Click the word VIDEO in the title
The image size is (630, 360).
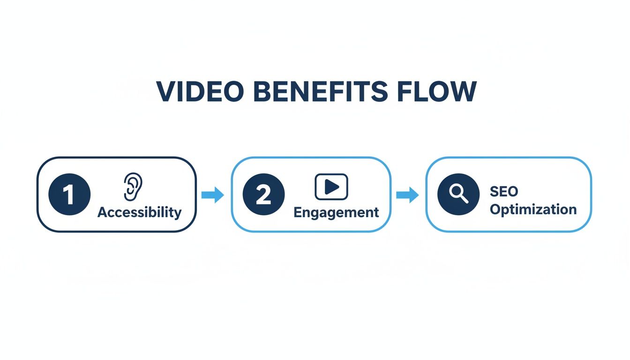200,91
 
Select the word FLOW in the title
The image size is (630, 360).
437,91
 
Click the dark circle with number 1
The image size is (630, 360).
69,195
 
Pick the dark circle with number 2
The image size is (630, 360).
263,195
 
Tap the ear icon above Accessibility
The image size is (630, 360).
133,187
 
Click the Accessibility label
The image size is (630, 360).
140,212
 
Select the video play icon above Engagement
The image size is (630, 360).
331,187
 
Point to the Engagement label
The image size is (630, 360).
336,213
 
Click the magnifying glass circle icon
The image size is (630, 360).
458,195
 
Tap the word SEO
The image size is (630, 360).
504,192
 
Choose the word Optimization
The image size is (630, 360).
533,210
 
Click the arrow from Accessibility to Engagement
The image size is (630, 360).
213,195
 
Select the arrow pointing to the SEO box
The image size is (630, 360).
407,195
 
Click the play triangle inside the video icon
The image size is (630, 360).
332,187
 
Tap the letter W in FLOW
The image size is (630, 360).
462,91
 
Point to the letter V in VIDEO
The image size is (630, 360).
167,91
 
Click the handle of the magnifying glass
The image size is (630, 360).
465,199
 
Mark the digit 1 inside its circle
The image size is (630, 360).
68,195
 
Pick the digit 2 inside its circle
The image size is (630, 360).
263,195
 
